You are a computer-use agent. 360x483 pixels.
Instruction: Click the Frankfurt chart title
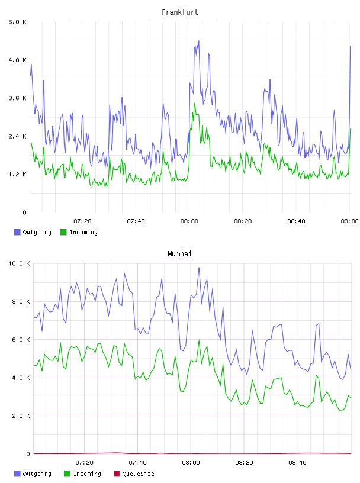(180, 12)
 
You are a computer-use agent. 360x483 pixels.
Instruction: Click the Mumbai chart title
(179, 254)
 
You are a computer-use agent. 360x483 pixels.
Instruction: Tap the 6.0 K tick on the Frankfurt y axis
(17, 22)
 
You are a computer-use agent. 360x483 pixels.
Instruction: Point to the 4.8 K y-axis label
(17, 60)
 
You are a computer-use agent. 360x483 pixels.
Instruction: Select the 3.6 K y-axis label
(17, 98)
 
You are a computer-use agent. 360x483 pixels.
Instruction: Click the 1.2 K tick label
(17, 175)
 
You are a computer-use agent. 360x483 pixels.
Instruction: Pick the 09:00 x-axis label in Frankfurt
(349, 221)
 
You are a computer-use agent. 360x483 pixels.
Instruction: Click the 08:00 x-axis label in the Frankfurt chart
(189, 221)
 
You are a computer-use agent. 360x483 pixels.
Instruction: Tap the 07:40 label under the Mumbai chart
(137, 462)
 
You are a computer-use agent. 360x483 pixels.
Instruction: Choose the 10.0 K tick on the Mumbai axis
(19, 263)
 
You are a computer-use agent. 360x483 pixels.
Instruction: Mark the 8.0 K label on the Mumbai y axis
(21, 301)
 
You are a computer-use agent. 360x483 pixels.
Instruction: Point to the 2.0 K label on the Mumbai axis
(21, 416)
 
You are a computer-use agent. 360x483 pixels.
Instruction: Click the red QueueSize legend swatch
(117, 474)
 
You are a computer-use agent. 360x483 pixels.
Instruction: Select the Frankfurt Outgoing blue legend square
(17, 232)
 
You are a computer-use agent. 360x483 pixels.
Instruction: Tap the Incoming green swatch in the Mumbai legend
(67, 474)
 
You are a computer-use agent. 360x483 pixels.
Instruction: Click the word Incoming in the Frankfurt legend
(84, 232)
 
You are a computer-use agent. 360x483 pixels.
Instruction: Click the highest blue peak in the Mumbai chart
(199, 268)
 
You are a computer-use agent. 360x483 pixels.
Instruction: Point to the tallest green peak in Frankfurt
(194, 104)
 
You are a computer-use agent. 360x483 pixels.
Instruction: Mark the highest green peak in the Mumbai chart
(199, 340)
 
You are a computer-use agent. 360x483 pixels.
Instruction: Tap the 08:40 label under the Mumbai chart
(297, 462)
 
